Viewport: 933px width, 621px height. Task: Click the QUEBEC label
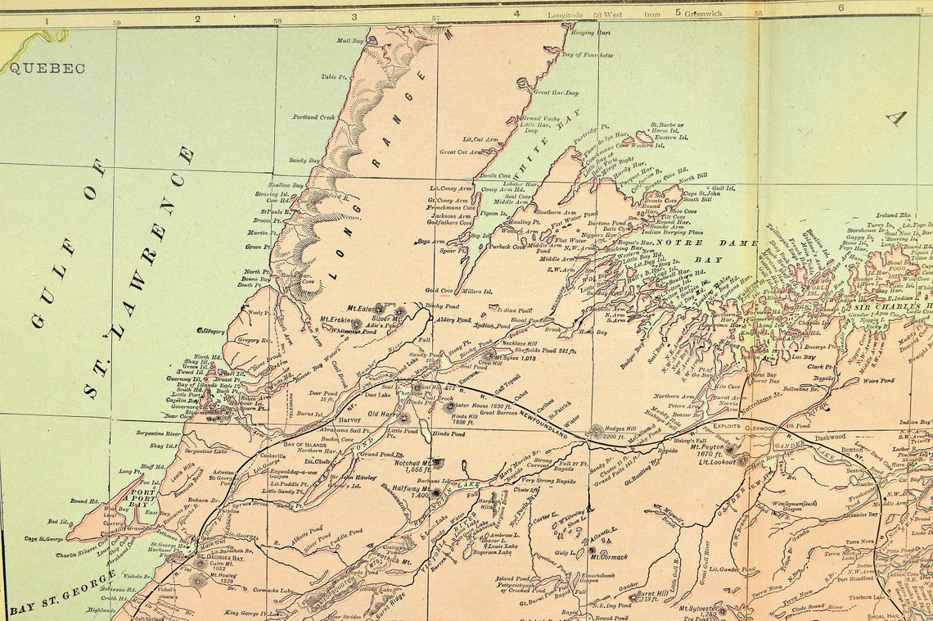47,68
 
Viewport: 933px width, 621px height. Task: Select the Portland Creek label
314,117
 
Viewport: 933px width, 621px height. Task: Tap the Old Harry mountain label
383,415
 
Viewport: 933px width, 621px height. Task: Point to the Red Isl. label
58,521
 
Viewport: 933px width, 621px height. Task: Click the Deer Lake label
377,395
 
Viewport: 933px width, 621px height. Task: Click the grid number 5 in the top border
677,11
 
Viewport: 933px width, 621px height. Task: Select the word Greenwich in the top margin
701,14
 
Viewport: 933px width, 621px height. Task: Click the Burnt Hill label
651,592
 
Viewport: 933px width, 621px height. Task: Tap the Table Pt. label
334,77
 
